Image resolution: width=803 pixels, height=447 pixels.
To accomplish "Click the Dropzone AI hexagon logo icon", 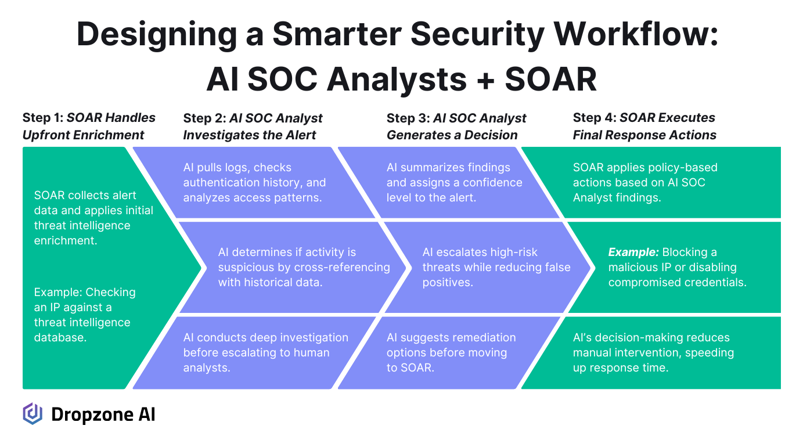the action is coord(33,414).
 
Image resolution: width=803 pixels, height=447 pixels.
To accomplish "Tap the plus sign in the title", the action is coord(486,80).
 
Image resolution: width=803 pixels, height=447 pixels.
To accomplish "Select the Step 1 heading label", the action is coord(89,126).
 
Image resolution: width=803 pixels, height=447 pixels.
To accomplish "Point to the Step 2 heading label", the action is coord(253,126).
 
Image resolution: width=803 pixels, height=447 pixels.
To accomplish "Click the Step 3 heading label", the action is coord(456,126).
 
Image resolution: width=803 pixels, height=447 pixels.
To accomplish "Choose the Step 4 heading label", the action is coord(644,126).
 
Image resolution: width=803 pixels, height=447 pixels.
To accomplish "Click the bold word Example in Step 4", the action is coord(633,252).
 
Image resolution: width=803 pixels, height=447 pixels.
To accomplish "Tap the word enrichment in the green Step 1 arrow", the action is coord(66,240).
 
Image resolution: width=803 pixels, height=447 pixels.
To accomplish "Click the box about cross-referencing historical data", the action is coord(293,268).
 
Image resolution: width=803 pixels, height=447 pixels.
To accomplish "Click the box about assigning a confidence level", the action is coord(448,182).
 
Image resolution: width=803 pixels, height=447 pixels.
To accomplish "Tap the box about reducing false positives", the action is coord(488,268).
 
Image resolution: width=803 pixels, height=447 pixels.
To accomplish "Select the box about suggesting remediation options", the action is coord(449,353).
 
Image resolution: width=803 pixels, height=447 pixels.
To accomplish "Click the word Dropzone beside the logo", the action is coord(92,414).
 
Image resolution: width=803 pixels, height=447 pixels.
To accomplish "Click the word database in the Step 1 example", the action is coord(60,337).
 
